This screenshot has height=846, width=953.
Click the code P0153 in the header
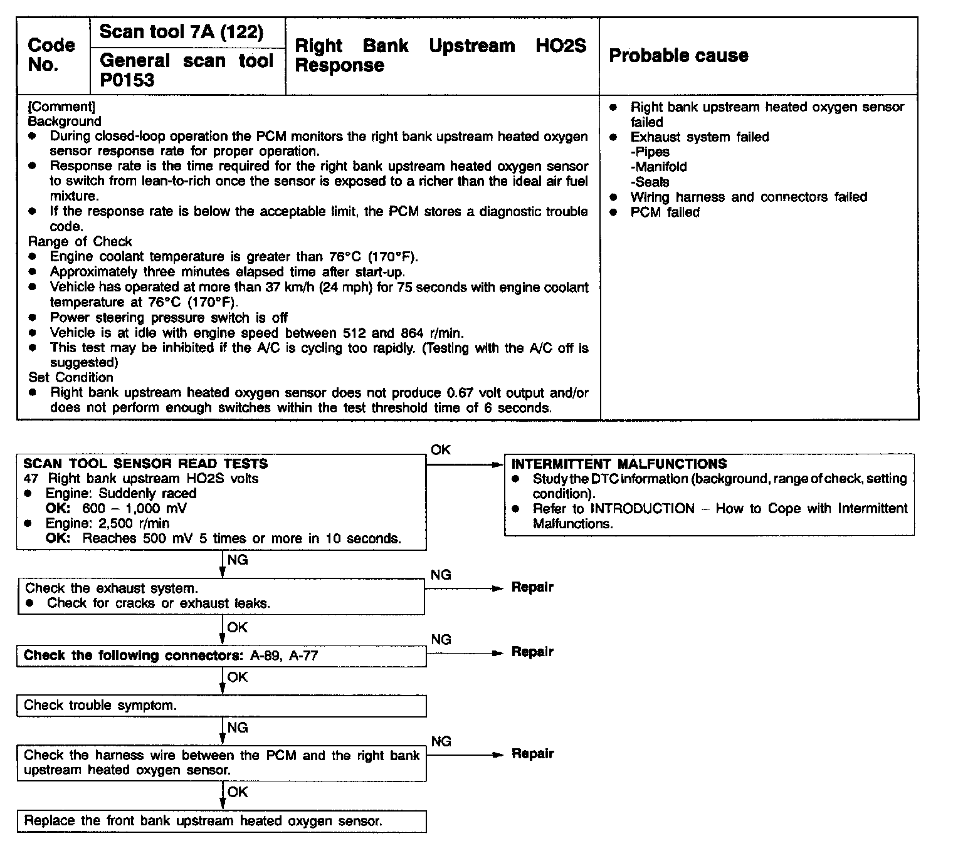[127, 80]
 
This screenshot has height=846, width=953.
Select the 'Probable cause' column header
[678, 56]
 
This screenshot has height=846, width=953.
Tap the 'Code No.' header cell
[51, 55]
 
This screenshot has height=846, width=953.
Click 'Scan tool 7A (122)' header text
[181, 32]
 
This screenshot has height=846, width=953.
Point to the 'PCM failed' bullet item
[665, 212]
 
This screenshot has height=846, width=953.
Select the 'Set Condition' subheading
[71, 378]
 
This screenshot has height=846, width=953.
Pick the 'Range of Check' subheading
[80, 242]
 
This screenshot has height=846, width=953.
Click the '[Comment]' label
[61, 107]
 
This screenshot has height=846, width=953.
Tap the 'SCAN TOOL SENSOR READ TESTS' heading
[145, 464]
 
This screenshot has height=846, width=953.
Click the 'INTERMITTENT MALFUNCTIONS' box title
[619, 464]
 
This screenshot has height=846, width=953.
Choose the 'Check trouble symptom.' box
[221, 706]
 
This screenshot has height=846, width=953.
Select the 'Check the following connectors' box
[221, 656]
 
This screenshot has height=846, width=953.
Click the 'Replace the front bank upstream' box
[221, 821]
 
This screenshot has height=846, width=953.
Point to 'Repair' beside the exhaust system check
[532, 588]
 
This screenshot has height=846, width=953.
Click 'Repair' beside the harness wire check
[532, 754]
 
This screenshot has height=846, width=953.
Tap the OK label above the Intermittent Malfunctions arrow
[441, 450]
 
